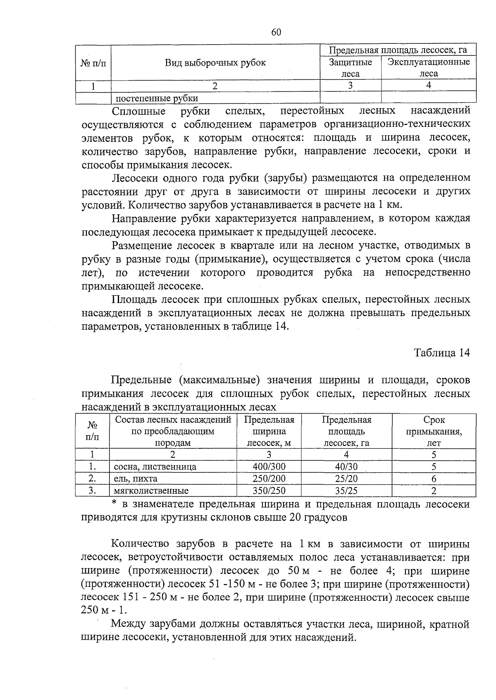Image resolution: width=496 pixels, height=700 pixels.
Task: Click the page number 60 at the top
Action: click(x=276, y=33)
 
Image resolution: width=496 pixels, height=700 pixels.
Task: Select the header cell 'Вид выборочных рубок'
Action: click(x=215, y=63)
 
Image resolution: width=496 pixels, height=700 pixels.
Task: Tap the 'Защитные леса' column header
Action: click(x=351, y=68)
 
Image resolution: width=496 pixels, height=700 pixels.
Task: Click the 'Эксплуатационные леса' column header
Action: click(x=429, y=68)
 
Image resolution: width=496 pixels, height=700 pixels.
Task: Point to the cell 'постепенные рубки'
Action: click(x=156, y=98)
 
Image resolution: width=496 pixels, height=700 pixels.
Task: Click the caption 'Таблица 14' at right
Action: click(x=442, y=353)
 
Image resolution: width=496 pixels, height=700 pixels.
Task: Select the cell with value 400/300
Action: click(x=269, y=467)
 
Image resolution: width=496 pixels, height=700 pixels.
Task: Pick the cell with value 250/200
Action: click(x=269, y=479)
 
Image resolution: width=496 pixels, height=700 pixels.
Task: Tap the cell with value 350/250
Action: click(x=269, y=491)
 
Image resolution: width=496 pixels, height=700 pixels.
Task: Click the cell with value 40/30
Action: click(x=346, y=467)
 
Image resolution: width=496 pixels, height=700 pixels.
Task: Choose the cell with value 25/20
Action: click(x=346, y=479)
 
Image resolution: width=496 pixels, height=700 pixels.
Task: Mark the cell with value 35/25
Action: click(x=346, y=491)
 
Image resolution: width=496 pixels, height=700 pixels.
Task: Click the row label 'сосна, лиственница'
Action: click(x=155, y=467)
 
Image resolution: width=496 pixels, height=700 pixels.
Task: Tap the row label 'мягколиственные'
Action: click(x=151, y=491)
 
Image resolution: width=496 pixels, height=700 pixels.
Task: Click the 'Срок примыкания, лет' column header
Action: click(x=434, y=431)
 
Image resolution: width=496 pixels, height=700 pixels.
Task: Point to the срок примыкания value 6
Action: click(x=434, y=479)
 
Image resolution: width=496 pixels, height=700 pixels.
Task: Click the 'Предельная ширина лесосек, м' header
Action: click(x=269, y=431)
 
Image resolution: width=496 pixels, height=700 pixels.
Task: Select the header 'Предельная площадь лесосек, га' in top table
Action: click(x=398, y=50)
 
